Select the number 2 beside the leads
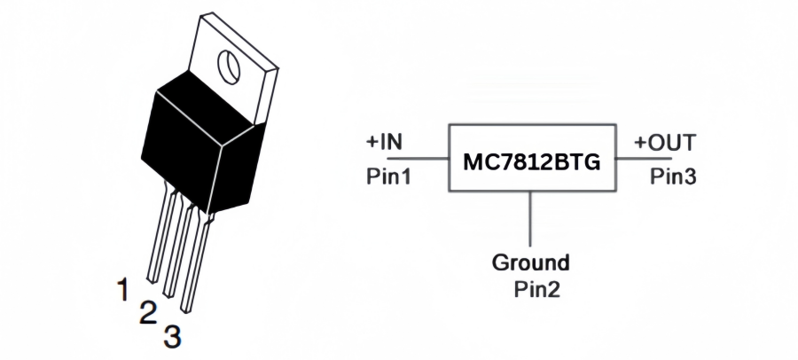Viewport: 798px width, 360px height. [x=147, y=311]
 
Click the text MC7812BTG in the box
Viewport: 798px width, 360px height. [x=531, y=163]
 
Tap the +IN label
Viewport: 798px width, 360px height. [x=384, y=143]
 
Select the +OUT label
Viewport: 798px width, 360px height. [x=664, y=143]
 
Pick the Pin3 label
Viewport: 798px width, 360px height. [x=673, y=176]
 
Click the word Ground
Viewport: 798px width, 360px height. [x=531, y=263]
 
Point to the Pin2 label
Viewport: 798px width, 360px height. [x=536, y=289]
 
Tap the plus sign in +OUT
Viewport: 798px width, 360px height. [x=639, y=143]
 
